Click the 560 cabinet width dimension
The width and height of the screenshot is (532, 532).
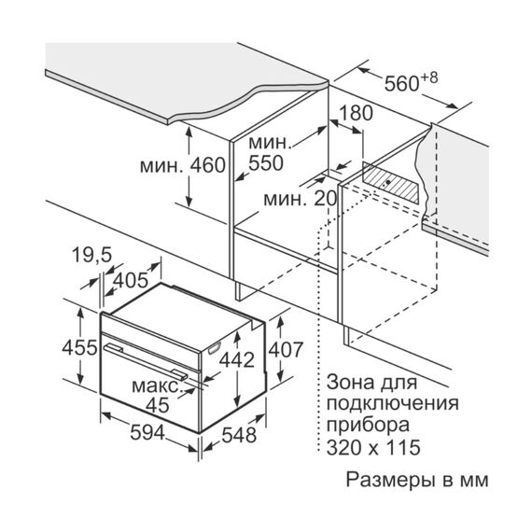(402, 84)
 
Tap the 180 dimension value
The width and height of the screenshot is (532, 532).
(356, 113)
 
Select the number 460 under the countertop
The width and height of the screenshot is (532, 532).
(207, 165)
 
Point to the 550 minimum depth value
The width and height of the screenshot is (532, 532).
(266, 163)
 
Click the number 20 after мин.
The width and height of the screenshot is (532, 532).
(325, 199)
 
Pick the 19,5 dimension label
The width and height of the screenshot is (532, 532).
(91, 255)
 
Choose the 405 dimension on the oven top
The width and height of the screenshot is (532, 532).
(131, 281)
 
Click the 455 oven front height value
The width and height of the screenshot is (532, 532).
(79, 348)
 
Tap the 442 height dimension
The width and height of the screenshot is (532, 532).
(237, 359)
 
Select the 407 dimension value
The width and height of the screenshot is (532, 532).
(286, 350)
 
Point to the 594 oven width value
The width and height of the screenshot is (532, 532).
(147, 432)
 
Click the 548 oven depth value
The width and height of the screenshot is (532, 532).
(239, 435)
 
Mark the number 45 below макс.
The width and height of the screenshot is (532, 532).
(158, 405)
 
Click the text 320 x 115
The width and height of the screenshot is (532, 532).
(373, 447)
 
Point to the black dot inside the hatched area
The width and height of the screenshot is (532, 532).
(388, 182)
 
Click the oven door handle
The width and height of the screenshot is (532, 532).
(146, 361)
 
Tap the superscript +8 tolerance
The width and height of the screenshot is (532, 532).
(429, 77)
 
